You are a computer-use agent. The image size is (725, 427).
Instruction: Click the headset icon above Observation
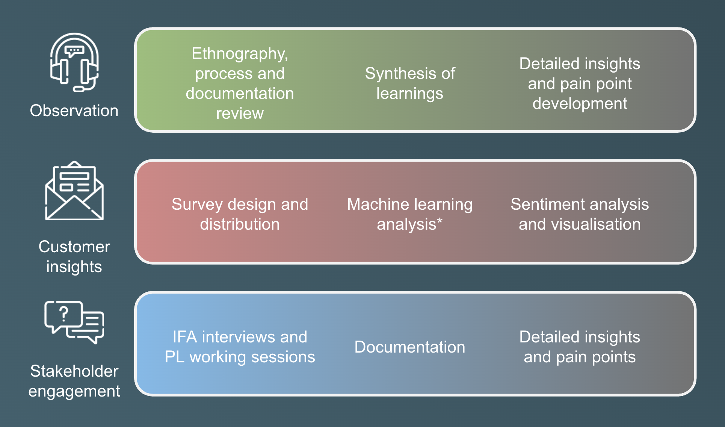[x=74, y=62]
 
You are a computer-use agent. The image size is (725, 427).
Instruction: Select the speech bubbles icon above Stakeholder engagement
[x=74, y=322]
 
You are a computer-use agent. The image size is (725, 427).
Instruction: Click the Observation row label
[x=74, y=111]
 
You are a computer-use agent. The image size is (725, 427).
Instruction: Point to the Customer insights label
[x=74, y=257]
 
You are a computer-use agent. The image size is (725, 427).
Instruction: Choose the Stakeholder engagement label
[x=74, y=381]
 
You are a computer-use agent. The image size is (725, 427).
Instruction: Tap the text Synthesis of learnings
[x=410, y=83]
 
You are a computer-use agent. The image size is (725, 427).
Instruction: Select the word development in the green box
[x=580, y=104]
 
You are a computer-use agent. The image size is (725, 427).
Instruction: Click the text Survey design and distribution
[x=240, y=214]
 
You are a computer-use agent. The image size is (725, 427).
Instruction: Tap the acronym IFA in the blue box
[x=185, y=337]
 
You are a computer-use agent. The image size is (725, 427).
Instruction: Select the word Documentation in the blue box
[x=410, y=347]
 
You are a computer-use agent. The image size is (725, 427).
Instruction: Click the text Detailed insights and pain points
[x=580, y=347]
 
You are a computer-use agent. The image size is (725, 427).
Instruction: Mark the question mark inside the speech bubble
[x=64, y=313]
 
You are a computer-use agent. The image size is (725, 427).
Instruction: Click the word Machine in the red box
[x=373, y=204]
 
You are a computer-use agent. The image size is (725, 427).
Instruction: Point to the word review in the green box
[x=240, y=114]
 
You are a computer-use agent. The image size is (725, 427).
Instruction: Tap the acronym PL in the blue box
[x=174, y=357]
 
